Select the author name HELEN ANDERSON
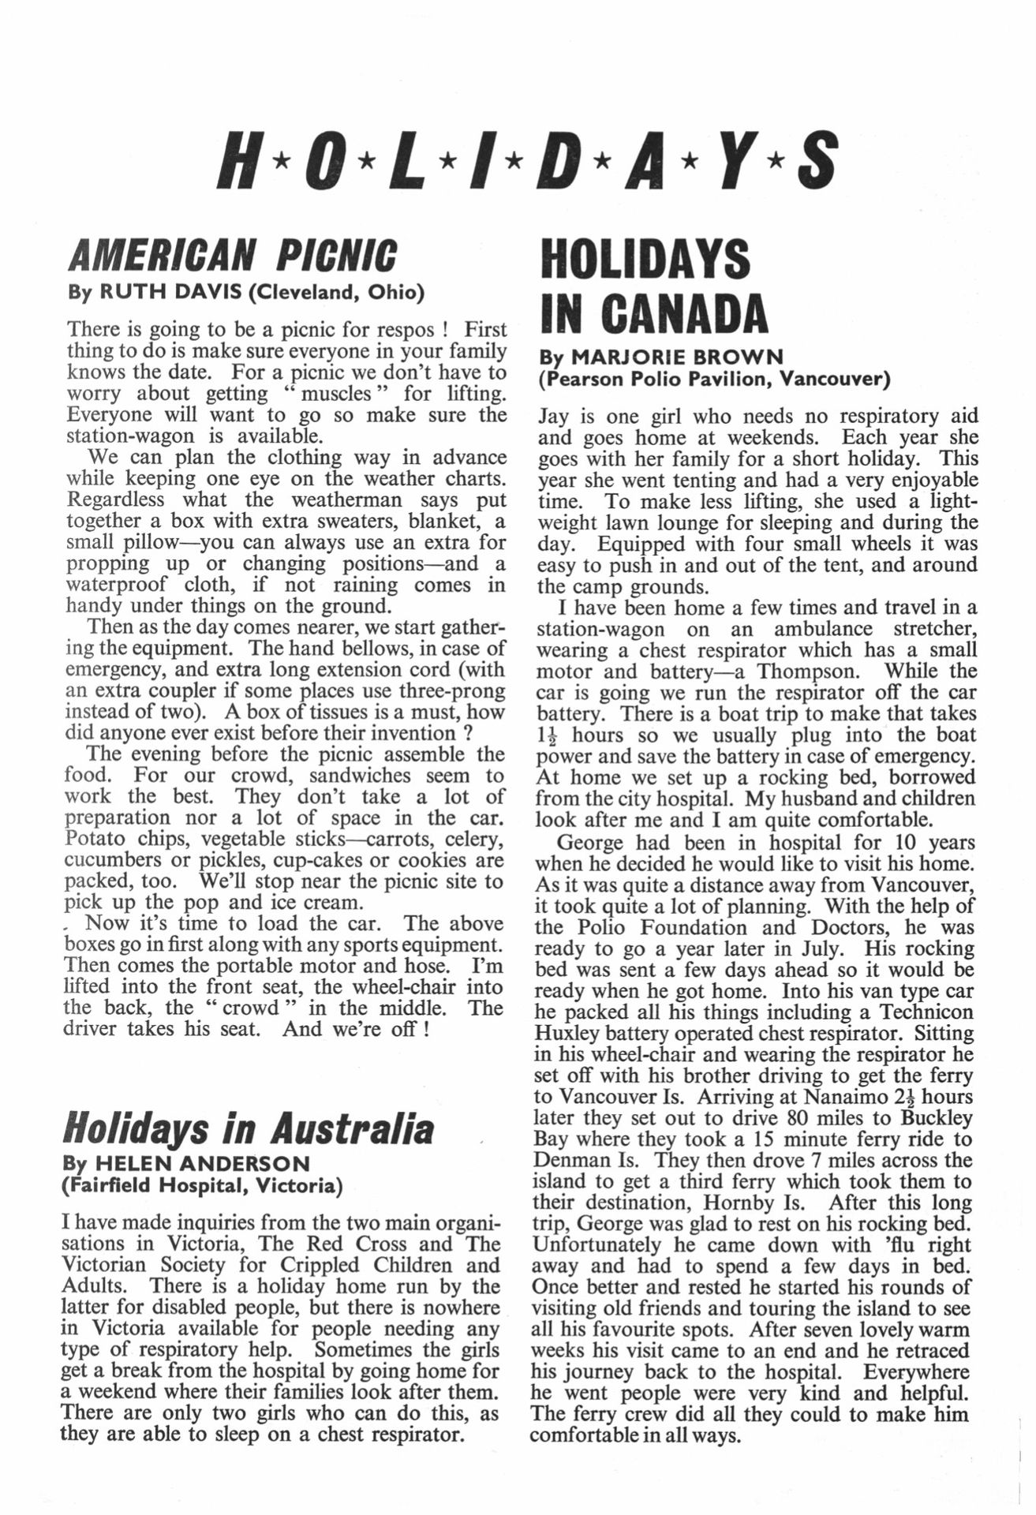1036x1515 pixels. [202, 1163]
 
